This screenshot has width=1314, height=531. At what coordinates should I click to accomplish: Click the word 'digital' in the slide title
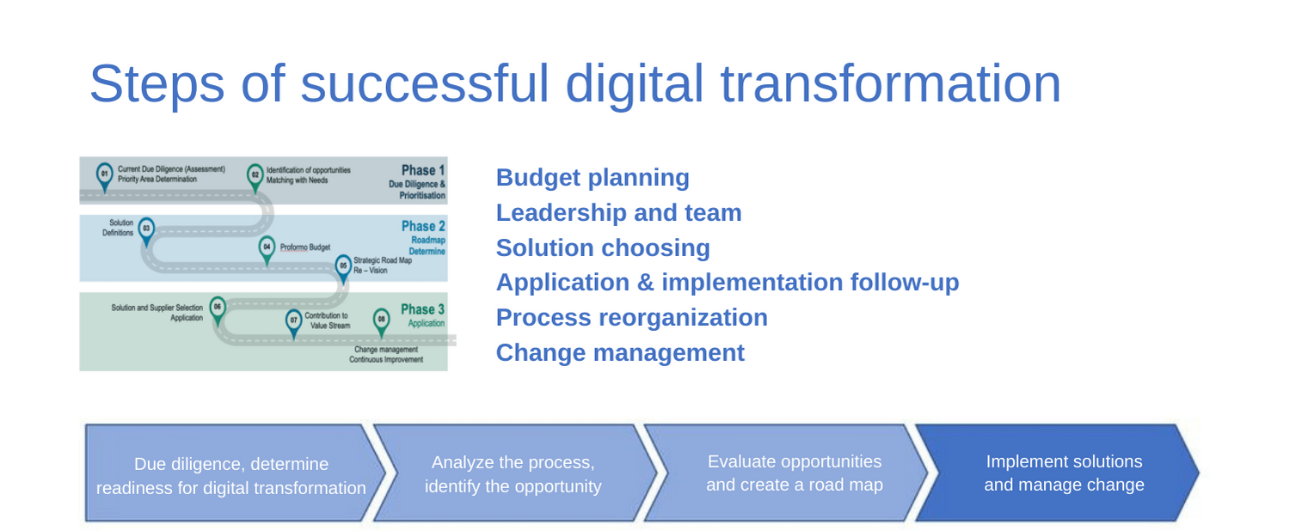tap(634, 86)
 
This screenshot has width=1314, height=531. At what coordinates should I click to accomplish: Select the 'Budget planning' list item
tap(593, 178)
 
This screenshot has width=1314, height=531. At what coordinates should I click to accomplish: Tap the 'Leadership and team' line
tap(619, 212)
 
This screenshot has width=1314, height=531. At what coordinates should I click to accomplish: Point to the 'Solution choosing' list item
tap(603, 247)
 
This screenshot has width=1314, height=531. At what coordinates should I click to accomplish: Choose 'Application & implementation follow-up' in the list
tap(728, 282)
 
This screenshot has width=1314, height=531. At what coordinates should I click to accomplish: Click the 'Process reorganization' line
tap(632, 317)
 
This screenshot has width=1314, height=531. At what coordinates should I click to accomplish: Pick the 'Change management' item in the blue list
tap(620, 352)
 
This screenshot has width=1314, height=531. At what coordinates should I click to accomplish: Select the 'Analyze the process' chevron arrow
tap(514, 473)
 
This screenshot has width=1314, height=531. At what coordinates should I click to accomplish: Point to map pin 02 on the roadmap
tap(255, 177)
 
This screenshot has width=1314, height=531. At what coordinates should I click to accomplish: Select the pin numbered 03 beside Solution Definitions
tap(147, 231)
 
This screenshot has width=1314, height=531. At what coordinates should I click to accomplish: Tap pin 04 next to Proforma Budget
tap(267, 250)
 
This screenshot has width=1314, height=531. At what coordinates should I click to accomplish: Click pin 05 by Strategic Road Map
tap(343, 268)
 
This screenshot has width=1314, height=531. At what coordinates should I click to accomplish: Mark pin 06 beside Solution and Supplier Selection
tap(218, 309)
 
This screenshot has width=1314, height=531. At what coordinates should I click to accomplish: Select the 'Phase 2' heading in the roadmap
tap(423, 226)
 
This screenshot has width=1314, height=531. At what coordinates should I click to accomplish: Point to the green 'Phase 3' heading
tap(422, 309)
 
